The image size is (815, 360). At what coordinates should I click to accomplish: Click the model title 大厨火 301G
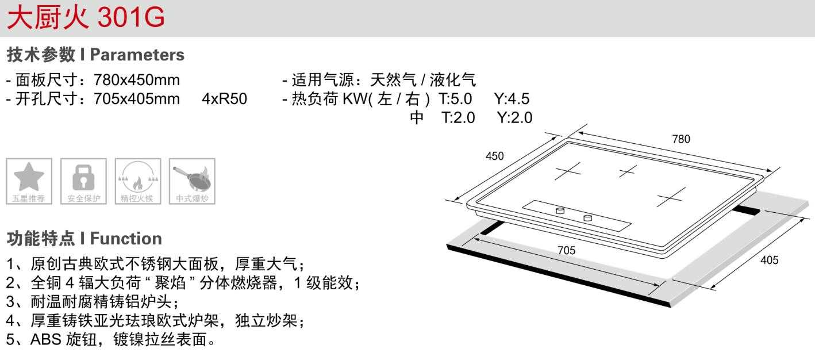pyautogui.click(x=86, y=17)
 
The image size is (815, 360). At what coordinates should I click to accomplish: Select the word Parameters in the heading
pyautogui.click(x=137, y=55)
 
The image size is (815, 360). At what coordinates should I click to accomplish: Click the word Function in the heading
pyautogui.click(x=126, y=238)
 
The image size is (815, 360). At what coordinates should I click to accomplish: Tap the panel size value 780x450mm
pyautogui.click(x=136, y=80)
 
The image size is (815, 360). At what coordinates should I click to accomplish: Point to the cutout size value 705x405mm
pyautogui.click(x=136, y=99)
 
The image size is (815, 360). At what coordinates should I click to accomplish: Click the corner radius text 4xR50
pyautogui.click(x=224, y=99)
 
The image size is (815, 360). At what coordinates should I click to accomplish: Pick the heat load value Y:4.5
pyautogui.click(x=512, y=99)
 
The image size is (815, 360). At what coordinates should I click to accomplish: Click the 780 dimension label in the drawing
pyautogui.click(x=681, y=139)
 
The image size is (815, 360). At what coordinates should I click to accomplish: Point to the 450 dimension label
pyautogui.click(x=494, y=156)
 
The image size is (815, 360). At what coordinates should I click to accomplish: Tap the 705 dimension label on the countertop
pyautogui.click(x=566, y=250)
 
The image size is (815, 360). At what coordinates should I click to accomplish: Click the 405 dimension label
pyautogui.click(x=769, y=260)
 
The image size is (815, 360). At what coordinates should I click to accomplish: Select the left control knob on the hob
pyautogui.click(x=560, y=211)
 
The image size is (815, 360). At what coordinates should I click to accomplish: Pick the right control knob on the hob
pyautogui.click(x=587, y=217)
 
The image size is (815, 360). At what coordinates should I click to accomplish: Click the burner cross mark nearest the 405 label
pyautogui.click(x=670, y=197)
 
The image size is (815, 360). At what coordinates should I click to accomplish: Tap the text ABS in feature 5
pyautogui.click(x=41, y=339)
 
